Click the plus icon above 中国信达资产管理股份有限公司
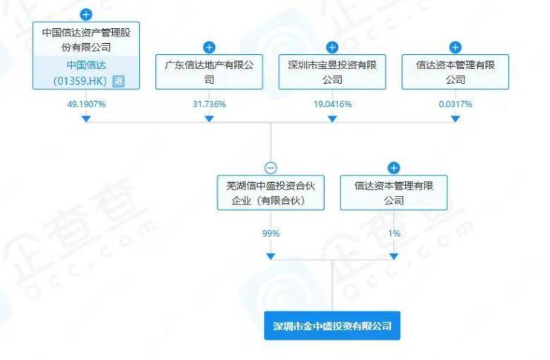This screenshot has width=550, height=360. click(x=86, y=15)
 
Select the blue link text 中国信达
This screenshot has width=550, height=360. click(x=86, y=65)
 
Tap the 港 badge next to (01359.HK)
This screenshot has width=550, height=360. click(x=118, y=81)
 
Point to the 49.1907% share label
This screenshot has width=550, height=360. click(x=86, y=104)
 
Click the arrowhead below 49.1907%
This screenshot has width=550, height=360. click(x=86, y=119)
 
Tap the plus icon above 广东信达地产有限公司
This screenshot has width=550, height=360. click(x=209, y=48)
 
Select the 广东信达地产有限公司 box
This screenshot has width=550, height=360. click(x=209, y=72)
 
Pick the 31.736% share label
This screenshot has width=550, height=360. click(x=209, y=104)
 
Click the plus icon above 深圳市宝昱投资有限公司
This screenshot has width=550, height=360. click(x=332, y=48)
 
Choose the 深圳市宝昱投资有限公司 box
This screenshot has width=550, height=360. click(x=332, y=72)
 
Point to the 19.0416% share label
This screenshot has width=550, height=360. click(x=332, y=104)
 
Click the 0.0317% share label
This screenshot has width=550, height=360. click(x=456, y=104)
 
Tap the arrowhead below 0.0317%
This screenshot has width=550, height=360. click(x=456, y=119)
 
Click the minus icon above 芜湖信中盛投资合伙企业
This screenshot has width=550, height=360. click(x=271, y=168)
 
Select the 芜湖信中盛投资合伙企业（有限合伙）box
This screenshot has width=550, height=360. click(x=271, y=193)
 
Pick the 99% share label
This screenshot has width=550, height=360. click(x=271, y=234)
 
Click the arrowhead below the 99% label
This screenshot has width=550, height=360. click(x=271, y=257)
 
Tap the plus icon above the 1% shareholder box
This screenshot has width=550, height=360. click(x=394, y=168)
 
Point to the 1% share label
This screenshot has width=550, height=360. click(x=394, y=234)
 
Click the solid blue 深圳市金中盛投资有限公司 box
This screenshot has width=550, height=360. click(x=332, y=326)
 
